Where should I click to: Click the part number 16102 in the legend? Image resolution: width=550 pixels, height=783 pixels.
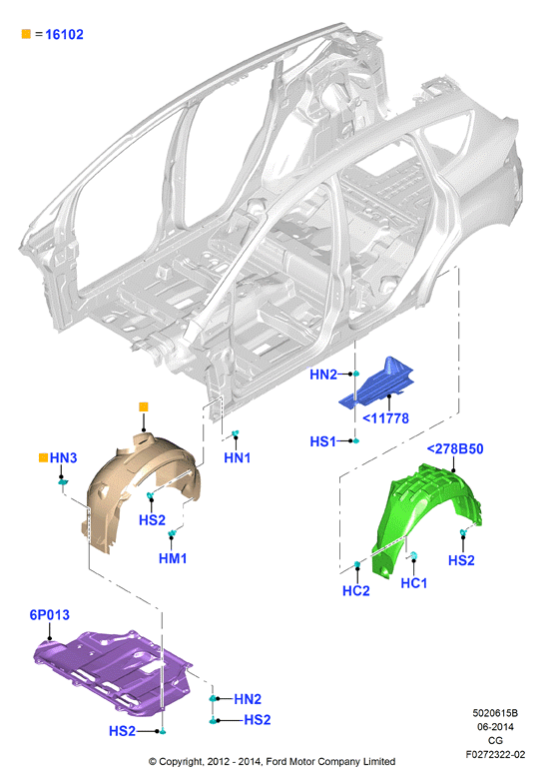coord(64,34)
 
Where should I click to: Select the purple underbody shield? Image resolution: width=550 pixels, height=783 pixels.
coord(110,667)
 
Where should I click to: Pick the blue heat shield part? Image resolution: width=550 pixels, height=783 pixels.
coord(378,385)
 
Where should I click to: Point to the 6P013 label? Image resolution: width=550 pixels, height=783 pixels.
coord(50,615)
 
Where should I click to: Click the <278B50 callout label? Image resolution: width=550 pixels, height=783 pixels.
coord(455,449)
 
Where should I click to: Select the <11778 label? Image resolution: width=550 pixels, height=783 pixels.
coord(385,418)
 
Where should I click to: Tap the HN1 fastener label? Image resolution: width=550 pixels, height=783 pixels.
coord(238,457)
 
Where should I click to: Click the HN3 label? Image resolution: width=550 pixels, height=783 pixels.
coord(64,457)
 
